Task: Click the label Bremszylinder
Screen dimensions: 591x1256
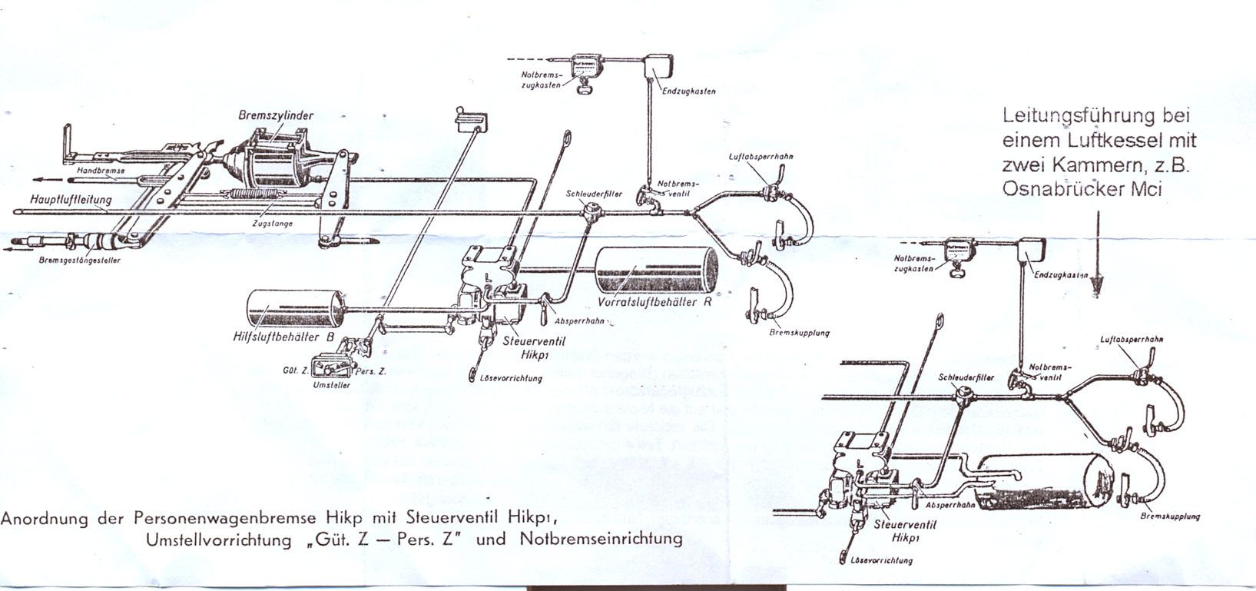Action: click(276, 115)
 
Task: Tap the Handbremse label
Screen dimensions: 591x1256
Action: click(95, 170)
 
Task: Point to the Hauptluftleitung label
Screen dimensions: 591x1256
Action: click(71, 200)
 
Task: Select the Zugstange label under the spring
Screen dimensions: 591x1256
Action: click(273, 224)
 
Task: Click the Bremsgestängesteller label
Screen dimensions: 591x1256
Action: click(79, 261)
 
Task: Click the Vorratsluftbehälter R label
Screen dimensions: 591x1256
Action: click(655, 302)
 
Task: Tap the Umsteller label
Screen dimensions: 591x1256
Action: click(332, 385)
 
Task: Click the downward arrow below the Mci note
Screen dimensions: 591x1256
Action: click(1096, 257)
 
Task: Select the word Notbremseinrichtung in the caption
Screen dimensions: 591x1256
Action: click(601, 538)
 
